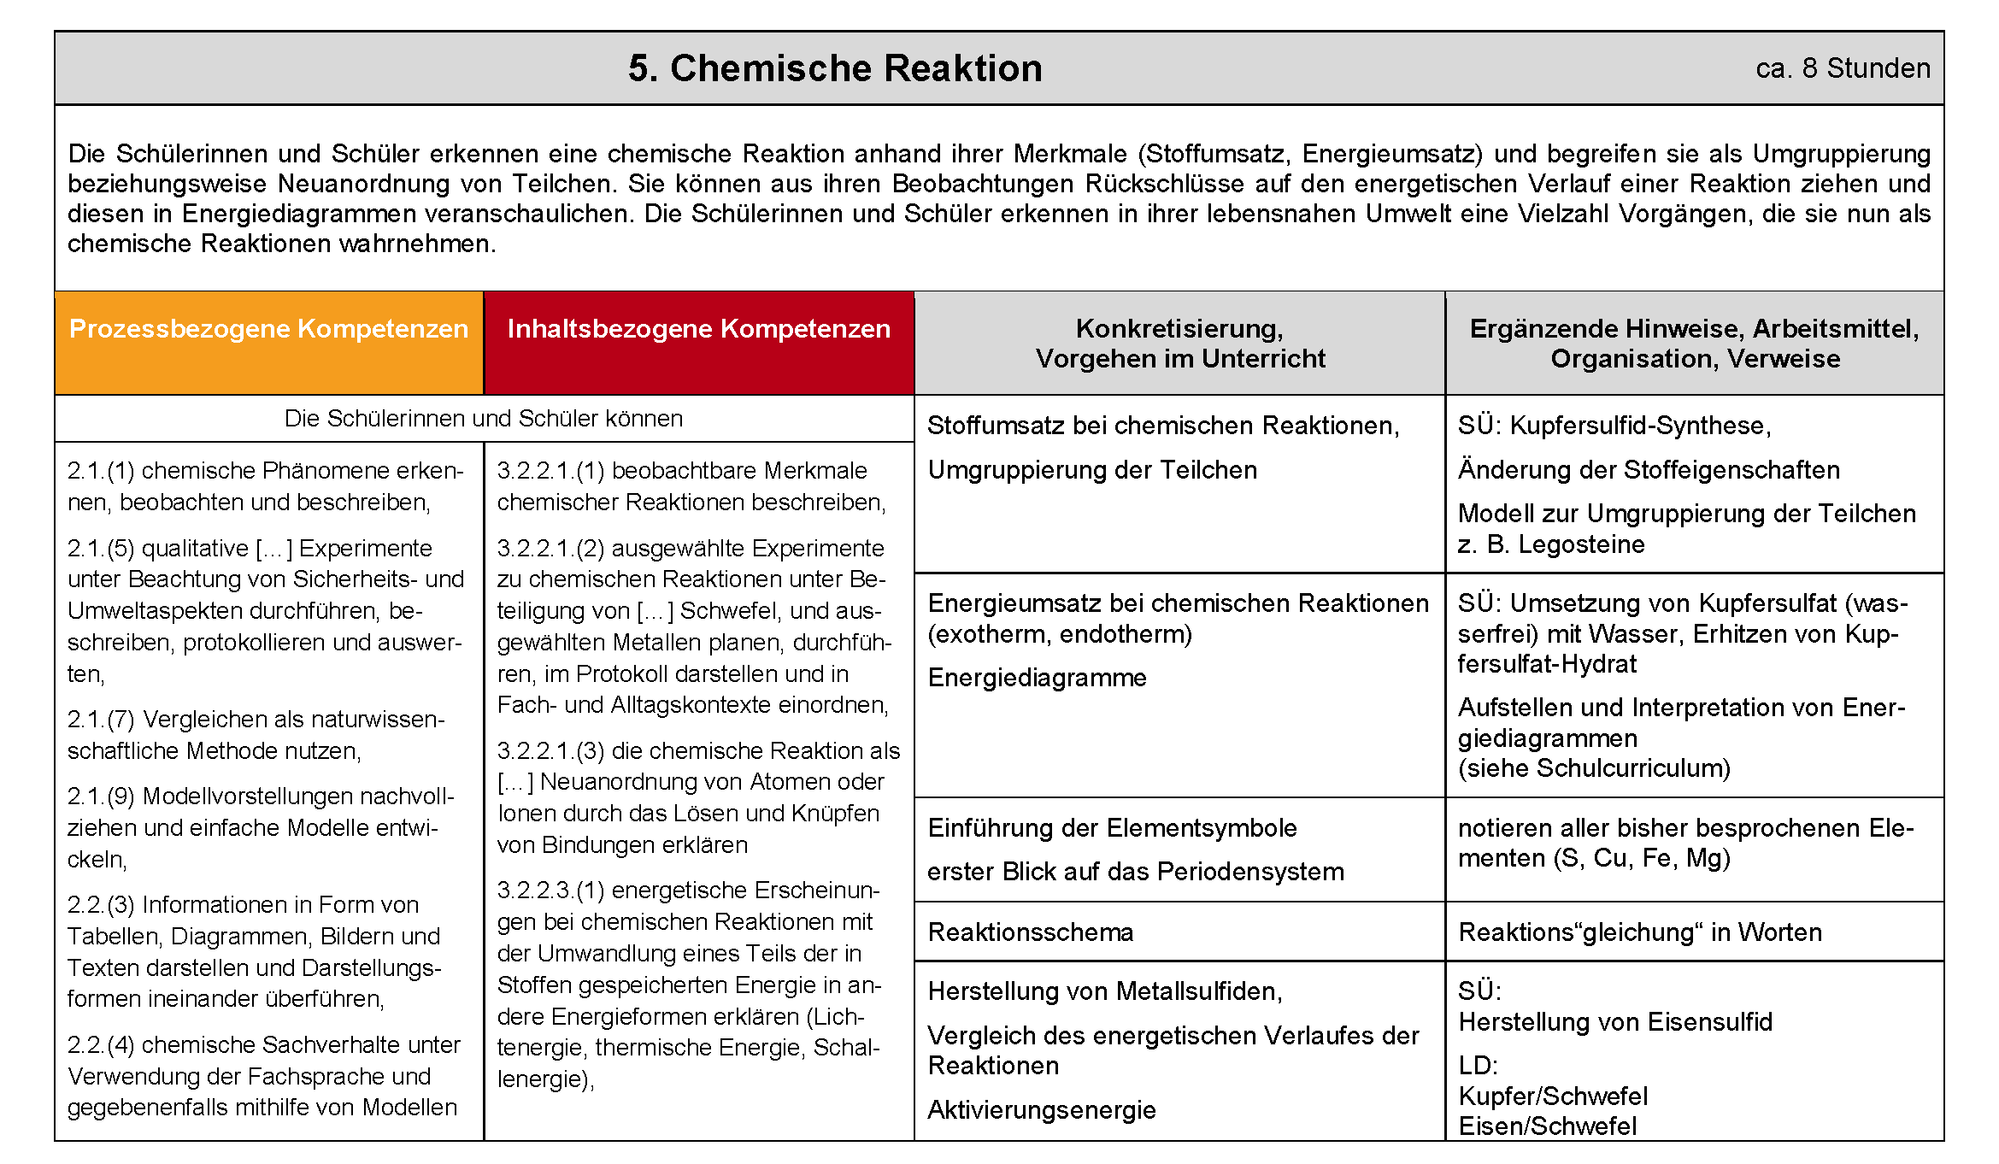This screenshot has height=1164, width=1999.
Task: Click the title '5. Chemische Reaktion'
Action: tap(835, 68)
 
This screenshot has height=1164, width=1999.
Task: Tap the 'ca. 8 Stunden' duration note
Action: tap(1843, 68)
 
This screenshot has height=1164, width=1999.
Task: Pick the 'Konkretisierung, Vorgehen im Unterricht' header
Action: tap(1179, 343)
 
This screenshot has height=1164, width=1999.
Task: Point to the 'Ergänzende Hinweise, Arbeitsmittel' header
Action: tap(1694, 343)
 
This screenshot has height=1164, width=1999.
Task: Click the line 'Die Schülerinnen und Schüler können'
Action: tap(484, 419)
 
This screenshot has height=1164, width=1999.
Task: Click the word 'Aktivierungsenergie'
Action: tap(1042, 1110)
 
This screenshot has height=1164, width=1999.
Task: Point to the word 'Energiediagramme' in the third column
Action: tap(1038, 678)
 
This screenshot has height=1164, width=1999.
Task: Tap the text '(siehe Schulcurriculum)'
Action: tap(1594, 768)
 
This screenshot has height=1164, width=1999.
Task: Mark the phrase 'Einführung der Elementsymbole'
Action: tap(1112, 828)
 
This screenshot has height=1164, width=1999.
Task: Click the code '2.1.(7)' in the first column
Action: tap(101, 720)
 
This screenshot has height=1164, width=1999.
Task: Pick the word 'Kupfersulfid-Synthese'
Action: tap(1639, 426)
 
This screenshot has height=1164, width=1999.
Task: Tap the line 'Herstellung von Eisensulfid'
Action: tap(1615, 1022)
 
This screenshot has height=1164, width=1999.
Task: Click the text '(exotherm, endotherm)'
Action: tap(1060, 634)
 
